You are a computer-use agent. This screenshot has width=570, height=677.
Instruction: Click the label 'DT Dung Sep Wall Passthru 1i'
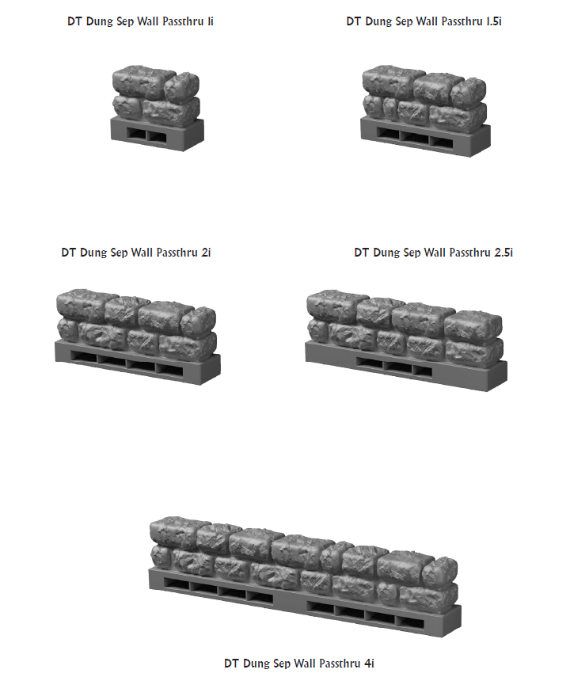pyautogui.click(x=140, y=21)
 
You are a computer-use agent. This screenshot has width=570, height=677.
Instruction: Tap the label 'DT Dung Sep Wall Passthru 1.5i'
pyautogui.click(x=424, y=21)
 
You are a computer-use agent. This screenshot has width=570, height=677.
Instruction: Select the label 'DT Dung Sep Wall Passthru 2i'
pyautogui.click(x=136, y=253)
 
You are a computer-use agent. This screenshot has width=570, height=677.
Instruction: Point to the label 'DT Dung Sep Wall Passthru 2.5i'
pyautogui.click(x=434, y=253)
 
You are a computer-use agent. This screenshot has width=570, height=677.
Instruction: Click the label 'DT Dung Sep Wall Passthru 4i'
pyautogui.click(x=298, y=664)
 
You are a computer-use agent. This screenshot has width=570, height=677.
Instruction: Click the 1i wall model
pyautogui.click(x=156, y=108)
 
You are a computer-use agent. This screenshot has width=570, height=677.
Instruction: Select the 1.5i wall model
pyautogui.click(x=425, y=111)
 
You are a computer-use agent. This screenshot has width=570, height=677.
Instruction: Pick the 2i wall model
pyautogui.click(x=137, y=337)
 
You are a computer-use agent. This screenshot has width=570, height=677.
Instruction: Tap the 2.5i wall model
pyautogui.click(x=406, y=340)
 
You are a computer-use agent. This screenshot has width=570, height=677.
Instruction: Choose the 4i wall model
pyautogui.click(x=305, y=576)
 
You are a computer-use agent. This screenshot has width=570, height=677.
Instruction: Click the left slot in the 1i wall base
pyautogui.click(x=137, y=135)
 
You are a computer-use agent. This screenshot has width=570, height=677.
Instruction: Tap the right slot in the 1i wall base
pyautogui.click(x=158, y=137)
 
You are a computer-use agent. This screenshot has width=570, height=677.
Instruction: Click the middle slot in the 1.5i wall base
pyautogui.click(x=415, y=138)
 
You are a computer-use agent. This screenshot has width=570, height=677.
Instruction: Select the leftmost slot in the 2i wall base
pyautogui.click(x=84, y=357)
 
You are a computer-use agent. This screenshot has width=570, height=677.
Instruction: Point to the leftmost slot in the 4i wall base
pyautogui.click(x=177, y=585)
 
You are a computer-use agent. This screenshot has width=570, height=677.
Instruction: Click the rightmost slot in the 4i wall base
pyautogui.click(x=410, y=622)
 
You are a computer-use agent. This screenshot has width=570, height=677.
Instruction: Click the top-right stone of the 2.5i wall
pyautogui.click(x=473, y=326)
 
